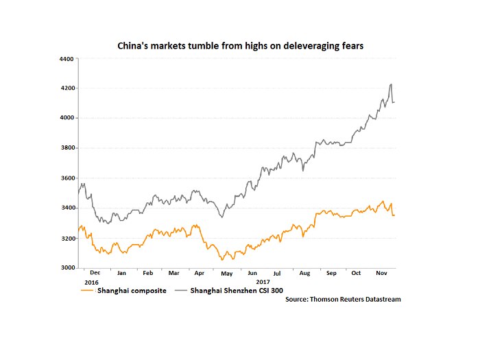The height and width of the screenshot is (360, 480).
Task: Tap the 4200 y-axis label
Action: [67, 88]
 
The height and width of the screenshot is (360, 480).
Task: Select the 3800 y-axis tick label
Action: [67, 148]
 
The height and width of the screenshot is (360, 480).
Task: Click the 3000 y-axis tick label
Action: [67, 268]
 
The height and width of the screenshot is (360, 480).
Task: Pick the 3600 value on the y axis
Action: [67, 178]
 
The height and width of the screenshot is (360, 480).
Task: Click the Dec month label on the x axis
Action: [95, 273]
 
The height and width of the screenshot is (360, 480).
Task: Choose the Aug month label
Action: [305, 273]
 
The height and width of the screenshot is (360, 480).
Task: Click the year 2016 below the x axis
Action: [91, 281]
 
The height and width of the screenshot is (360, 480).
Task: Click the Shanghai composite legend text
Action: [132, 290]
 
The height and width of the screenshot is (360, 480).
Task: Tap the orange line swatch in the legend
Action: [86, 290]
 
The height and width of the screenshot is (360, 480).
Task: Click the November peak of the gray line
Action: [390, 84]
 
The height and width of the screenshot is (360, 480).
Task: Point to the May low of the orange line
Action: [222, 260]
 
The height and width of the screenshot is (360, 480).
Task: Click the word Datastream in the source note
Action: [379, 300]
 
